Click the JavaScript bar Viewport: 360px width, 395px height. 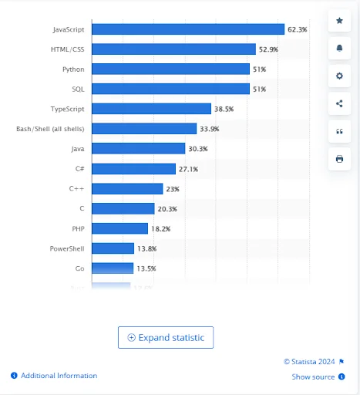pyautogui.click(x=188, y=29)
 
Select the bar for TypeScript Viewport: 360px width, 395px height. pyautogui.click(x=151, y=109)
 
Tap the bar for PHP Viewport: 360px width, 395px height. pyautogui.click(x=119, y=228)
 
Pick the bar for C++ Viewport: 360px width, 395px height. pyautogui.click(x=127, y=188)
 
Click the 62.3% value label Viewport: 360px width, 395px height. pyautogui.click(x=298, y=29)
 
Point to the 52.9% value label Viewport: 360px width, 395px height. pyautogui.click(x=268, y=49)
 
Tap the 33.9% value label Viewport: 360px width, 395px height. pyautogui.click(x=210, y=129)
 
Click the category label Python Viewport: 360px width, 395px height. pyautogui.click(x=73, y=69)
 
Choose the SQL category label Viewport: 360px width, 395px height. pyautogui.click(x=78, y=89)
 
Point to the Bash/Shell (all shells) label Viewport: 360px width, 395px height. pyautogui.click(x=50, y=129)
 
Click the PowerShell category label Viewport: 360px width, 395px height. pyautogui.click(x=67, y=248)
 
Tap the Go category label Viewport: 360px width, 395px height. pyautogui.click(x=79, y=268)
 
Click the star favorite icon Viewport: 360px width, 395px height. pyautogui.click(x=339, y=21)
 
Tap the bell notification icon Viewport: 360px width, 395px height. pyautogui.click(x=339, y=49)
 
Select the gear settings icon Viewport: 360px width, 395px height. pyautogui.click(x=339, y=76)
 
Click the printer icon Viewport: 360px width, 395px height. pyautogui.click(x=339, y=159)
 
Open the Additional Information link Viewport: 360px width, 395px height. pyautogui.click(x=59, y=376)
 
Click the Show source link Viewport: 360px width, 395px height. pyautogui.click(x=313, y=376)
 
